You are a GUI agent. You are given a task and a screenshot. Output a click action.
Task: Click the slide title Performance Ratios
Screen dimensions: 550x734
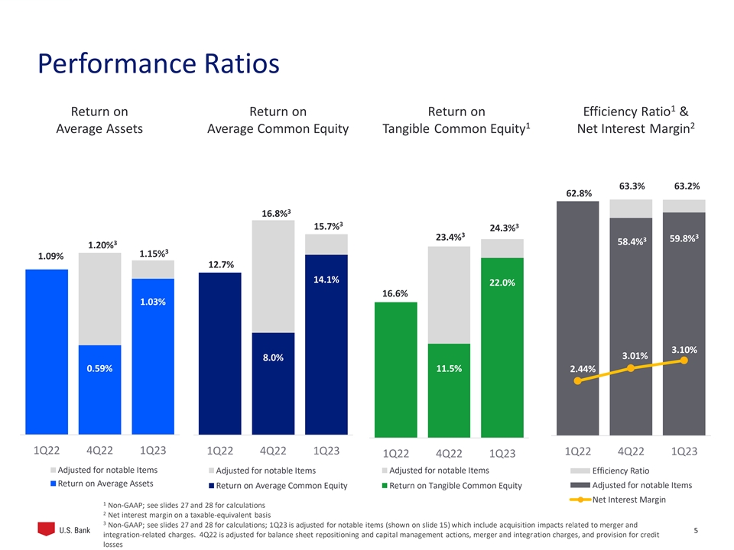[158, 63]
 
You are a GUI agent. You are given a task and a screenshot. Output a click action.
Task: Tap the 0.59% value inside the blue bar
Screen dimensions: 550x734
[99, 368]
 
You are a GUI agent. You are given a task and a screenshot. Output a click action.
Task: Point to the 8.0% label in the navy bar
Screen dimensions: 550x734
[273, 357]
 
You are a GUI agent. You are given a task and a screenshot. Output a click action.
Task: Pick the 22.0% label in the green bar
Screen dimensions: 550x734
[502, 283]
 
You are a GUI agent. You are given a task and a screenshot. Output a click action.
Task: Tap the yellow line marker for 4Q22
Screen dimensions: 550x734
[631, 368]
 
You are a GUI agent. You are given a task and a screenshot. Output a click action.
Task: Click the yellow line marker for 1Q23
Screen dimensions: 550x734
[684, 361]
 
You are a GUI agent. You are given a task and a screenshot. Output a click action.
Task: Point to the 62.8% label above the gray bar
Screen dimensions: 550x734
[578, 194]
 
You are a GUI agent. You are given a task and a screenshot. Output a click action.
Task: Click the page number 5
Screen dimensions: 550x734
[694, 529]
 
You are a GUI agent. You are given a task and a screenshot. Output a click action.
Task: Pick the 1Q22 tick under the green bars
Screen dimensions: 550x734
[396, 453]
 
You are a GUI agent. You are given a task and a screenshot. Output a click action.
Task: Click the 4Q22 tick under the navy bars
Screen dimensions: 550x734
[273, 451]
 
